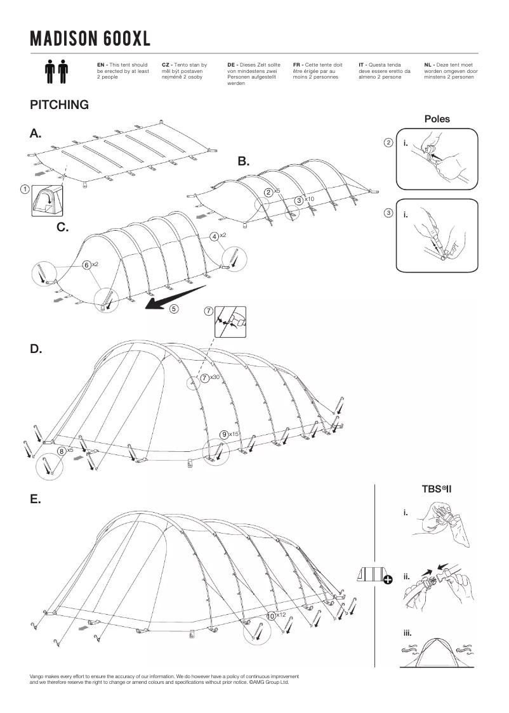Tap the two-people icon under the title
(x=56, y=72)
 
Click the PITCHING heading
(x=59, y=105)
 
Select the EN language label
(x=102, y=65)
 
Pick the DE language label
(x=232, y=65)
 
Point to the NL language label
(x=428, y=65)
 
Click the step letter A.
(x=36, y=133)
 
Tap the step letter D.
(x=36, y=349)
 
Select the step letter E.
(x=36, y=499)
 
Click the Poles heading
(x=437, y=119)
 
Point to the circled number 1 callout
(x=24, y=189)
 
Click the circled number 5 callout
(x=173, y=309)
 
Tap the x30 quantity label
(x=215, y=378)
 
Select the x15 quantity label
(x=234, y=434)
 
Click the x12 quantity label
(x=282, y=615)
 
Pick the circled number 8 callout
(x=62, y=451)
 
